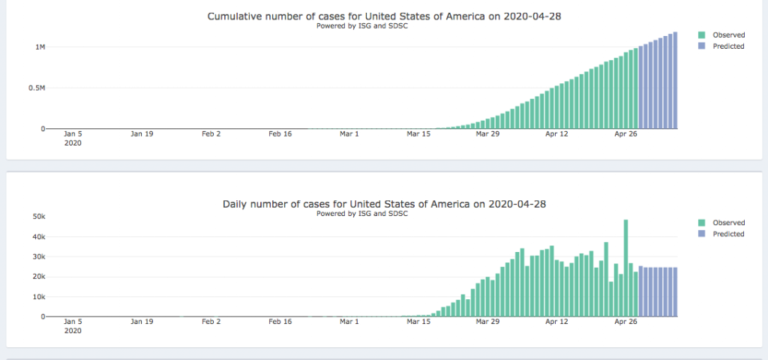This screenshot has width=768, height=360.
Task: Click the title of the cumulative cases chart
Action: pos(383,16)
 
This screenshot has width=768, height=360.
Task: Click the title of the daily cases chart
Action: pos(383,203)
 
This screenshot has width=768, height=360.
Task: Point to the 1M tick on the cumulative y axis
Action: pos(40,47)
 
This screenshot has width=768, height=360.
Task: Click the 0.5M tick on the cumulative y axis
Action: pos(37,88)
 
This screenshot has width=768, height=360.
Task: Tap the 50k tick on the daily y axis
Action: pos(38,217)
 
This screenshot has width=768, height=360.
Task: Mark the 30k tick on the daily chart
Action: pos(38,256)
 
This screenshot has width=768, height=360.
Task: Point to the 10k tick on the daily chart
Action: pos(38,296)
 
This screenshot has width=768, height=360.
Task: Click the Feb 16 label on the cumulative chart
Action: pos(280,134)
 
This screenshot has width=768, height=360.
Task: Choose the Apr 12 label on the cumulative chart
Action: pos(556,134)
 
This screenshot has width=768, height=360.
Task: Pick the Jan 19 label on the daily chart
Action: pos(142,322)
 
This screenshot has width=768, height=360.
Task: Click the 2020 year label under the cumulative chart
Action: pos(73,142)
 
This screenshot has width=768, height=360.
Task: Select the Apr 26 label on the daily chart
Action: pos(625,322)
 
